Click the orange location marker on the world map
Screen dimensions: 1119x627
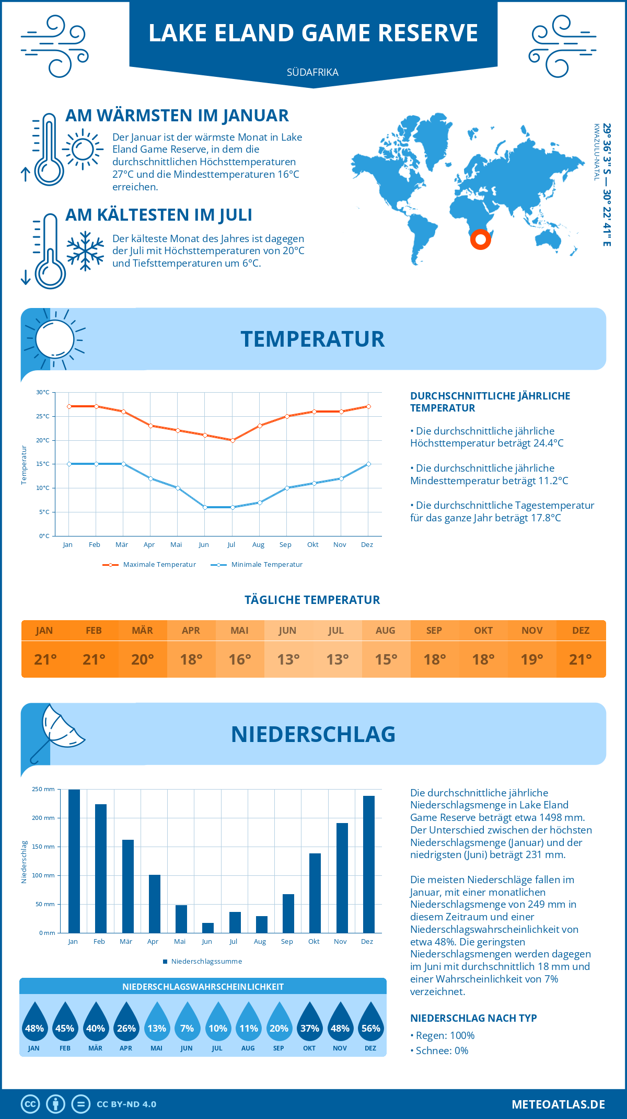pyautogui.click(x=480, y=239)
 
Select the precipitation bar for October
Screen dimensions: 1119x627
pyautogui.click(x=315, y=893)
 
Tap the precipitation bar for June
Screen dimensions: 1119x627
pyautogui.click(x=208, y=928)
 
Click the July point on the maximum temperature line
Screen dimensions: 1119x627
pyautogui.click(x=233, y=440)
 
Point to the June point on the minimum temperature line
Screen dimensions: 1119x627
pyautogui.click(x=205, y=507)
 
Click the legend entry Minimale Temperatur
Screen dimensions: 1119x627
pyautogui.click(x=257, y=565)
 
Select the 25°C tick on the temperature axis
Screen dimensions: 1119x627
pyautogui.click(x=43, y=416)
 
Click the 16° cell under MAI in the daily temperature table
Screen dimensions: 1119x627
pyautogui.click(x=240, y=659)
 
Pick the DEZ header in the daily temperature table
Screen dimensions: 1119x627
pyautogui.click(x=580, y=631)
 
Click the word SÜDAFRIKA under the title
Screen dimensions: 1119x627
pyautogui.click(x=312, y=73)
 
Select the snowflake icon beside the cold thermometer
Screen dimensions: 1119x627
pyautogui.click(x=85, y=251)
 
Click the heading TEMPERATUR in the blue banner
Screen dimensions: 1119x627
pyautogui.click(x=312, y=339)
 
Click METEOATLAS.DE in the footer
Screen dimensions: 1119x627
pyautogui.click(x=558, y=1104)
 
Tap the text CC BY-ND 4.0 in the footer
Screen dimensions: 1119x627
pyautogui.click(x=126, y=1104)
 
